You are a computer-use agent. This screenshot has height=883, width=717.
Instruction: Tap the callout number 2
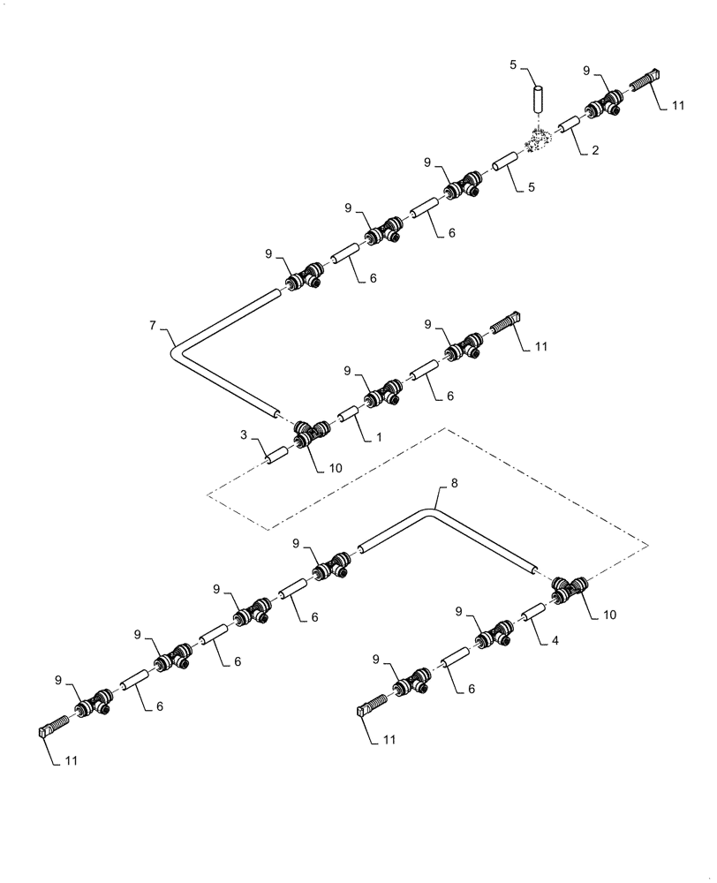point(595,151)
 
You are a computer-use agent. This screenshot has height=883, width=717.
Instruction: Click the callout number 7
point(152,327)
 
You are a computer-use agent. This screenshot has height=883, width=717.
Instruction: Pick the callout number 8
point(454,484)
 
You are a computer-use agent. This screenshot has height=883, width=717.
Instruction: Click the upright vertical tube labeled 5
point(539,98)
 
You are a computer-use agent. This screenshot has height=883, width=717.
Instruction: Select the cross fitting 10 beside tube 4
point(569,589)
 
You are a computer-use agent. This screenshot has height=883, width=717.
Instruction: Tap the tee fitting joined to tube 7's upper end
point(303,279)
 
